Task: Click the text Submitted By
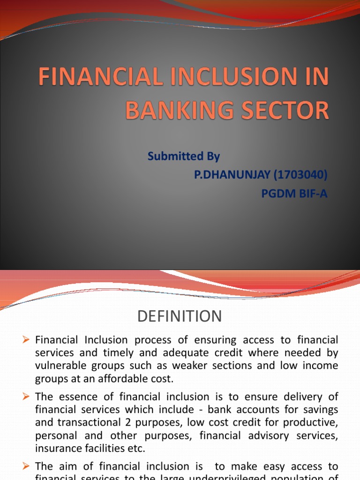pos(184,157)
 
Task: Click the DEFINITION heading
pos(180,316)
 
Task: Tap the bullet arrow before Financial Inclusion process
pos(26,339)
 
